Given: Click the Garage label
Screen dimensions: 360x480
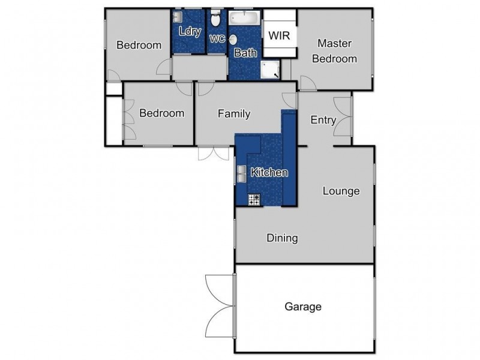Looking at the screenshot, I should point(303,307).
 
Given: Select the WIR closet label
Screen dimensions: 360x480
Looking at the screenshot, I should point(279,36).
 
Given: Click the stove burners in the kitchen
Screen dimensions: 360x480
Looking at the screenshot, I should point(254,199).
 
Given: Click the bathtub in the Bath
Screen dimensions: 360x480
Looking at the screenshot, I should point(244,17).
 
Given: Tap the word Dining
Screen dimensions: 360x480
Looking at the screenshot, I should point(282,238).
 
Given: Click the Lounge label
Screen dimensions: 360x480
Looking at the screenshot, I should point(341,191).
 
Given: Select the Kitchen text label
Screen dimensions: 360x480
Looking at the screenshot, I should point(269,173).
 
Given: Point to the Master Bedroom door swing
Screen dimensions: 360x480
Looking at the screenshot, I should point(307,83).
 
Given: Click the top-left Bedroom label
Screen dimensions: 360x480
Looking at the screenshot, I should point(139,45).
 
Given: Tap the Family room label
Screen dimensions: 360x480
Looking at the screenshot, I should point(233,113).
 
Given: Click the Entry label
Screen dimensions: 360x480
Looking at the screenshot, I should point(323,120).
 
